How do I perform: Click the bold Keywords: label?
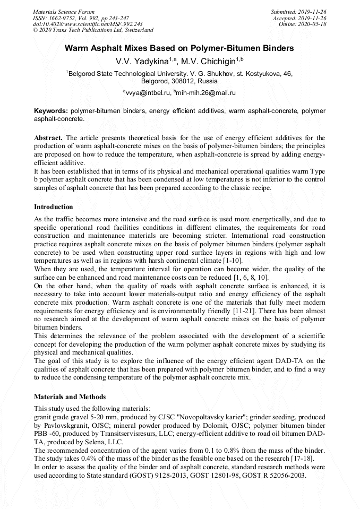coord(51,111)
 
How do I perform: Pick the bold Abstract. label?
coord(48,137)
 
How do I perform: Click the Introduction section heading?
coord(54,206)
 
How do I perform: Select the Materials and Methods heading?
coord(70,396)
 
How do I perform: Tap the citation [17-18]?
coord(310,458)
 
